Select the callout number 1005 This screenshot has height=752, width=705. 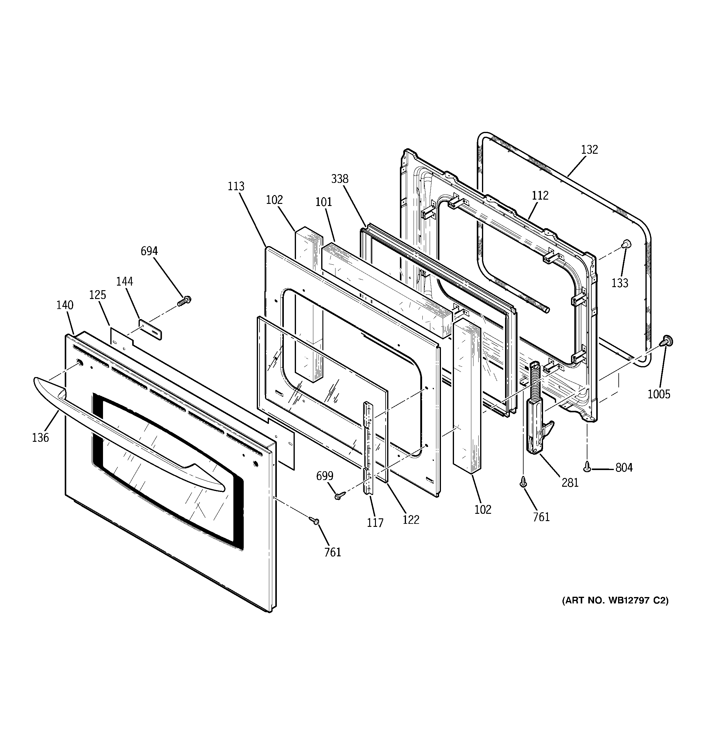coord(659,394)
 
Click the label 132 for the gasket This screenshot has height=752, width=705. coord(589,150)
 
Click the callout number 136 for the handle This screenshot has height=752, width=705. coord(40,438)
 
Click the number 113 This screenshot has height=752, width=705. coord(236,186)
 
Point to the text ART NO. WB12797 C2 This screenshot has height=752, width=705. coord(615,611)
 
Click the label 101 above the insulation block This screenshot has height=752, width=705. coord(324,202)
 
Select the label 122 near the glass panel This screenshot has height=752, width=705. coord(411,520)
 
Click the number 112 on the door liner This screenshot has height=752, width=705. coord(540,196)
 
